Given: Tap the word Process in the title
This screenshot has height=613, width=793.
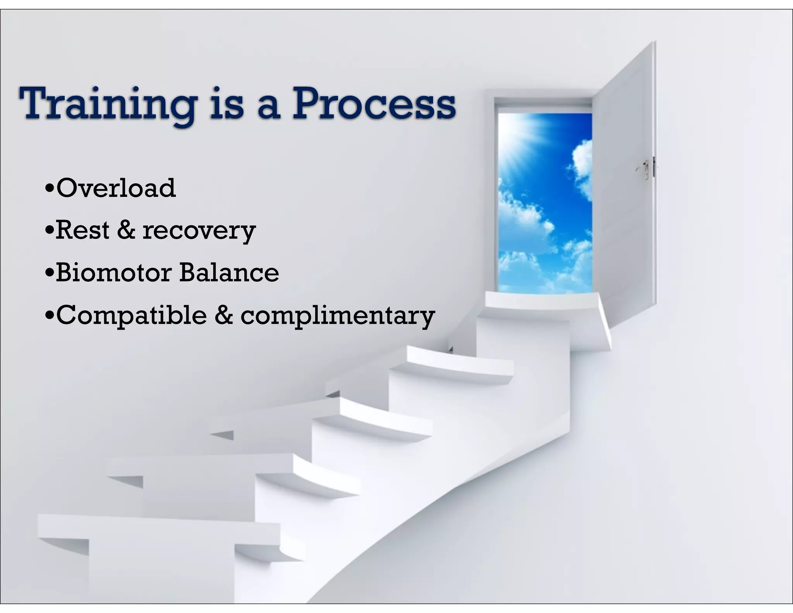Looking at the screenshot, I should [x=374, y=104].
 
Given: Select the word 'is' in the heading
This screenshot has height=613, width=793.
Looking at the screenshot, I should [x=227, y=104].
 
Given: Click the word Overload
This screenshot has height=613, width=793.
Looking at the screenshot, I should [x=116, y=188].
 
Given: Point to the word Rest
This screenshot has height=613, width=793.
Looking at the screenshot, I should [x=82, y=230].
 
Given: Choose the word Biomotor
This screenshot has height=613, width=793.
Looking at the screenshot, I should [x=113, y=272].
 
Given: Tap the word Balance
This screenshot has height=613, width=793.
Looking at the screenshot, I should [x=229, y=272].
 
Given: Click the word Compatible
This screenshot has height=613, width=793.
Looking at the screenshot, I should [x=131, y=315].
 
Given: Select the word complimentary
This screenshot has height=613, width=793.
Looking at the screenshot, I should [x=338, y=316].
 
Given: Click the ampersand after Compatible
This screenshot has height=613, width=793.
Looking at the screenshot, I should [x=224, y=315].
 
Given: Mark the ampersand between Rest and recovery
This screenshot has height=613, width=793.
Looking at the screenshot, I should [x=126, y=229].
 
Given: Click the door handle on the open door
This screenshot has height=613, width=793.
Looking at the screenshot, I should [x=645, y=169].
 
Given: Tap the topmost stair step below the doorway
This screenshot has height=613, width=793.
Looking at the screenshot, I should [x=542, y=300].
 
